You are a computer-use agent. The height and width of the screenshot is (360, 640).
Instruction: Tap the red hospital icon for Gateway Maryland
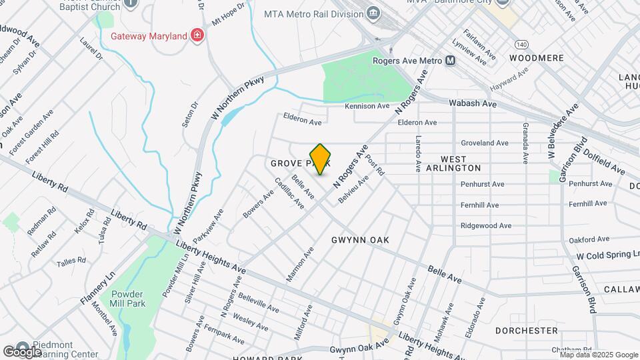[197, 35]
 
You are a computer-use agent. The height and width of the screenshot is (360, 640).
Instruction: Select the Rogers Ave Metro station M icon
[451, 61]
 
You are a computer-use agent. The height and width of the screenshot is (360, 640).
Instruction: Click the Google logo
[23, 351]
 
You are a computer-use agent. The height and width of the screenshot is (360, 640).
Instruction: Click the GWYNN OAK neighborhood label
[359, 239]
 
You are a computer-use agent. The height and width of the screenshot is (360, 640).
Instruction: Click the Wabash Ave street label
[473, 104]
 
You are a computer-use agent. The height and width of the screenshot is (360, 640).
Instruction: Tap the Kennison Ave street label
[367, 106]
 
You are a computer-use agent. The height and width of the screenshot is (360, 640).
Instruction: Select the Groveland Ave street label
[485, 143]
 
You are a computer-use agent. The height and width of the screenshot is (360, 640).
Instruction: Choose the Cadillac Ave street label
[289, 193]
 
